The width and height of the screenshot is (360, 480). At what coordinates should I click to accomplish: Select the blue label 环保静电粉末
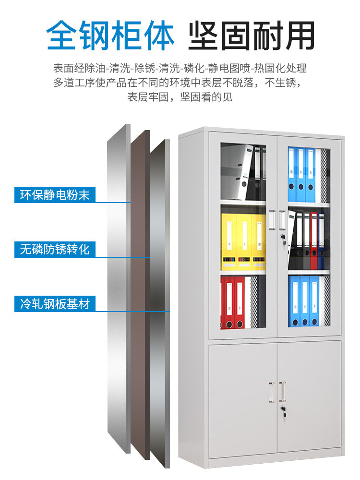point(55,195)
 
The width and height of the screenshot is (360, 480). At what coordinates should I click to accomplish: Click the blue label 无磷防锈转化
point(55,249)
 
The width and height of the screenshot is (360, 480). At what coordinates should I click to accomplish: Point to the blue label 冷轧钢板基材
point(55,304)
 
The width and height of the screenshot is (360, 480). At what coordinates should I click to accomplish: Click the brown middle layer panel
point(140,294)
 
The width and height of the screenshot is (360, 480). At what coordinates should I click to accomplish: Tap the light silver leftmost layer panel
point(119,288)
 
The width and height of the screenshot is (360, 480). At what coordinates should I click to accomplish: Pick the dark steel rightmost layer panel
point(159,303)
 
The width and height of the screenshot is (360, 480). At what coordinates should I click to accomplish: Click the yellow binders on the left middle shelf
point(243,242)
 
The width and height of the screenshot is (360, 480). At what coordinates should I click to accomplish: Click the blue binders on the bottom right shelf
point(304,300)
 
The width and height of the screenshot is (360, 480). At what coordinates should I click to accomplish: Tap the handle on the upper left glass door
point(272,220)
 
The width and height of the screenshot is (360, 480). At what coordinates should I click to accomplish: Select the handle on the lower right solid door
point(282,392)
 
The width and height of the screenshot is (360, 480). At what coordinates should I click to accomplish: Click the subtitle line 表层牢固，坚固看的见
point(180,97)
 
